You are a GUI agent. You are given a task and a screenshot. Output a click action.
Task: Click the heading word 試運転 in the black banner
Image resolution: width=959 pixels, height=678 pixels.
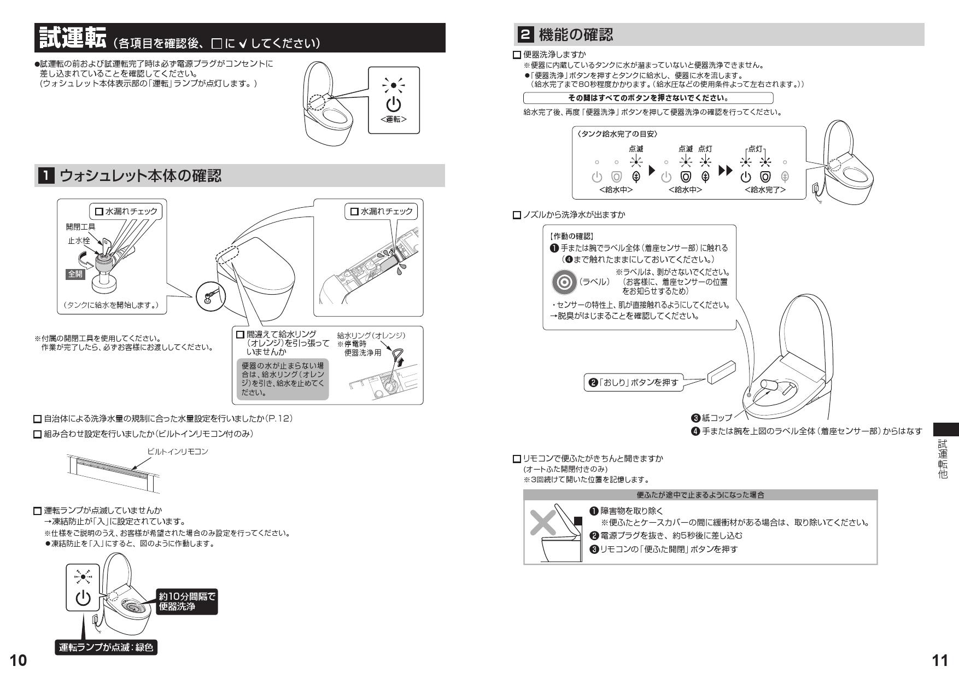tap(73, 38)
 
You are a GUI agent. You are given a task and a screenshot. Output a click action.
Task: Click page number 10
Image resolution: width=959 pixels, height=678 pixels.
tap(17, 661)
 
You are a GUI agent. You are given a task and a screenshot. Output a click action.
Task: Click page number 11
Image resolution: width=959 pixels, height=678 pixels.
tap(939, 661)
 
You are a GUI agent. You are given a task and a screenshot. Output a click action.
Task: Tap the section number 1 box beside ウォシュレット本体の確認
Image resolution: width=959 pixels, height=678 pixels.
tap(45, 176)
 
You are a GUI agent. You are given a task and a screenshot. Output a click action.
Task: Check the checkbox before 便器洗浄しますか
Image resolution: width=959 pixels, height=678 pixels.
tap(517, 55)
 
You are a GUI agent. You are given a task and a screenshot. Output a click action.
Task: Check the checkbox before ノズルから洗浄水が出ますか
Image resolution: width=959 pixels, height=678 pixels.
tap(517, 215)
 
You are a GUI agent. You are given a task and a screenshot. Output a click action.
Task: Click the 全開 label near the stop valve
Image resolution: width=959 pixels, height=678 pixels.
tap(75, 274)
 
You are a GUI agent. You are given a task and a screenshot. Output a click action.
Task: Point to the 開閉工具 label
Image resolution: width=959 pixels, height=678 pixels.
tap(80, 226)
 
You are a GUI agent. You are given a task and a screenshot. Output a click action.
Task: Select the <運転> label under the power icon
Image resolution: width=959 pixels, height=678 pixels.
tap(394, 119)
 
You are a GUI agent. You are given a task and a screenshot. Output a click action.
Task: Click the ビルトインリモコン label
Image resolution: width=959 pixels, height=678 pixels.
tap(178, 451)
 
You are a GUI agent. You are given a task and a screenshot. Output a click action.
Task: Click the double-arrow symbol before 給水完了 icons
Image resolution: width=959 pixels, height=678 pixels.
tap(725, 171)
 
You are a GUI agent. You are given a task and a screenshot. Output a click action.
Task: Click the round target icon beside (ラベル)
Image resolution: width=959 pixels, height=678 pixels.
tap(564, 282)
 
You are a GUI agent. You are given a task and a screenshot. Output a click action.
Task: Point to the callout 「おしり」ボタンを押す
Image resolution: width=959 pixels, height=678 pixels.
tap(634, 382)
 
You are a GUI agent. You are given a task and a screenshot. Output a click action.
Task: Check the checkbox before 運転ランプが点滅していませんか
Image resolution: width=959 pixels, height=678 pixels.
tap(38, 511)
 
